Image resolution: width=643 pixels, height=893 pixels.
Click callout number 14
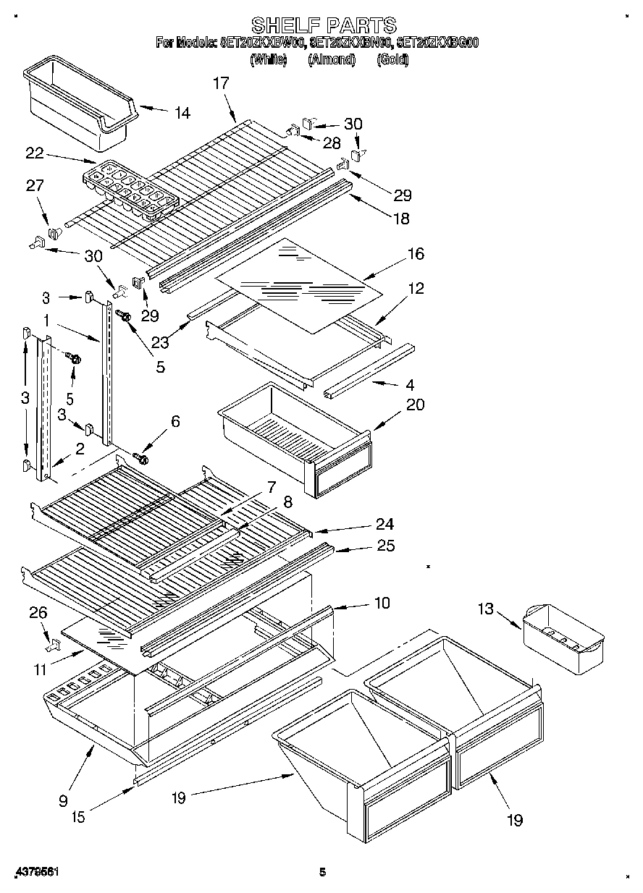(182, 112)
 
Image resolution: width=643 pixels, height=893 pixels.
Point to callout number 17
(221, 83)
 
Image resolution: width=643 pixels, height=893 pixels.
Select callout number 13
(485, 609)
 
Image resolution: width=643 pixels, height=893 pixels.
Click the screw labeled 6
(141, 458)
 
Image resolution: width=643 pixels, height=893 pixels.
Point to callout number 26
(38, 613)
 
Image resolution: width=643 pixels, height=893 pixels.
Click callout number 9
(64, 800)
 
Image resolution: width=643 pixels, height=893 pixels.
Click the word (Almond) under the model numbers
(332, 60)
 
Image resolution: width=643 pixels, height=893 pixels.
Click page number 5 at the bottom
(323, 873)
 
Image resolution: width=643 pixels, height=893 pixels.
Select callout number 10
(382, 602)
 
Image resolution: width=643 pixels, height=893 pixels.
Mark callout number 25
(386, 546)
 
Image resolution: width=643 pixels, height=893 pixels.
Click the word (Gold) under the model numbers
(392, 60)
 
